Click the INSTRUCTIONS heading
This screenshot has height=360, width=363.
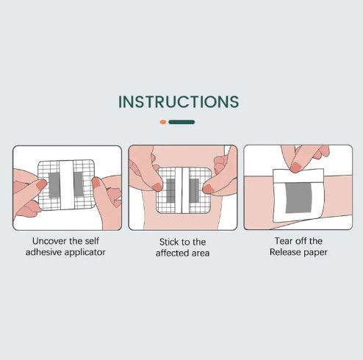pyautogui.click(x=179, y=101)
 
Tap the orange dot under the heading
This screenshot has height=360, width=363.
pyautogui.click(x=163, y=122)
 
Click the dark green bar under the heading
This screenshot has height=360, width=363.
pyautogui.click(x=181, y=122)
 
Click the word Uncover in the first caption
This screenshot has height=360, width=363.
pyautogui.click(x=49, y=241)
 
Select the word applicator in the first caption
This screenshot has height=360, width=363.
pyautogui.click(x=85, y=252)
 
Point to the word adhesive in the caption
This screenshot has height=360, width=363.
pyautogui.click(x=43, y=252)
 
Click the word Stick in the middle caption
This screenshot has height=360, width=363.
pyautogui.click(x=168, y=242)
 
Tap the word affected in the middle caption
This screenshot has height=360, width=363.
pyautogui.click(x=173, y=253)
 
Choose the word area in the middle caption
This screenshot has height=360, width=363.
pyautogui.click(x=201, y=253)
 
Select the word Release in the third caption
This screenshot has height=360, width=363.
pyautogui.click(x=284, y=252)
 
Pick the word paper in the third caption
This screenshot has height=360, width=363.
pyautogui.click(x=315, y=253)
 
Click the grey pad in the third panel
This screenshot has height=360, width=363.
pyautogui.click(x=299, y=198)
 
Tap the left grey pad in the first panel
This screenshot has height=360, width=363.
pyautogui.click(x=54, y=185)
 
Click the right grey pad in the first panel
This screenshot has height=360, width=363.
pyautogui.click(x=79, y=184)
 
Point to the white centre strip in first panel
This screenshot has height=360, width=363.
pyautogui.click(x=67, y=185)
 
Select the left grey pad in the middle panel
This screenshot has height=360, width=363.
pyautogui.click(x=170, y=190)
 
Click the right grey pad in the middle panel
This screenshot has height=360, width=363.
pyautogui.click(x=194, y=190)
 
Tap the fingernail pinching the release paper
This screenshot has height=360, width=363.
pyautogui.click(x=296, y=168)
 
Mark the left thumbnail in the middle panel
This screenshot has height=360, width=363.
pyautogui.click(x=157, y=187)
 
